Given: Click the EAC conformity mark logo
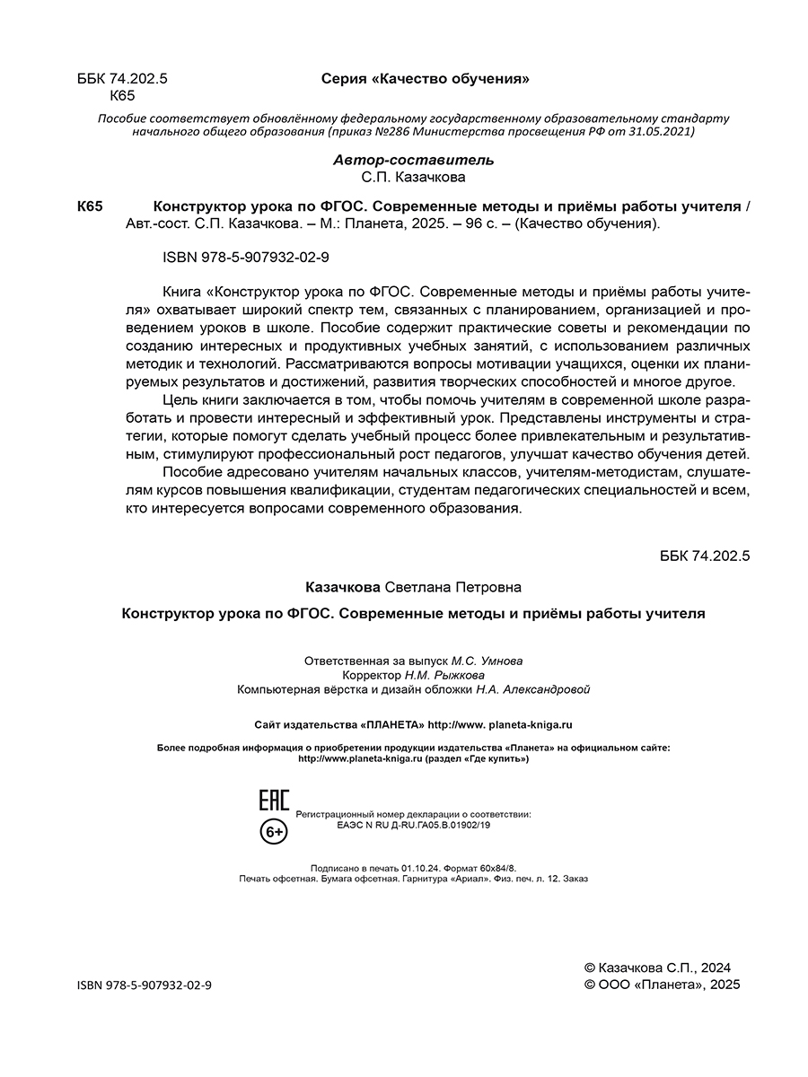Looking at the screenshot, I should (274, 801).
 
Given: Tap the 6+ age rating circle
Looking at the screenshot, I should (274, 833).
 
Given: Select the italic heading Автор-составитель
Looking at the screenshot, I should (413, 160).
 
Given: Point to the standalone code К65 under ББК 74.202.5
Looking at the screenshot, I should (121, 96).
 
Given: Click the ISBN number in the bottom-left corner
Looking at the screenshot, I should (145, 985).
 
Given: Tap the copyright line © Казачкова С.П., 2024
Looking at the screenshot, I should (657, 968).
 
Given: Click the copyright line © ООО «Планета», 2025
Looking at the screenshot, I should (662, 985).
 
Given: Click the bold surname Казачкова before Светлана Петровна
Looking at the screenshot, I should (344, 586).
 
